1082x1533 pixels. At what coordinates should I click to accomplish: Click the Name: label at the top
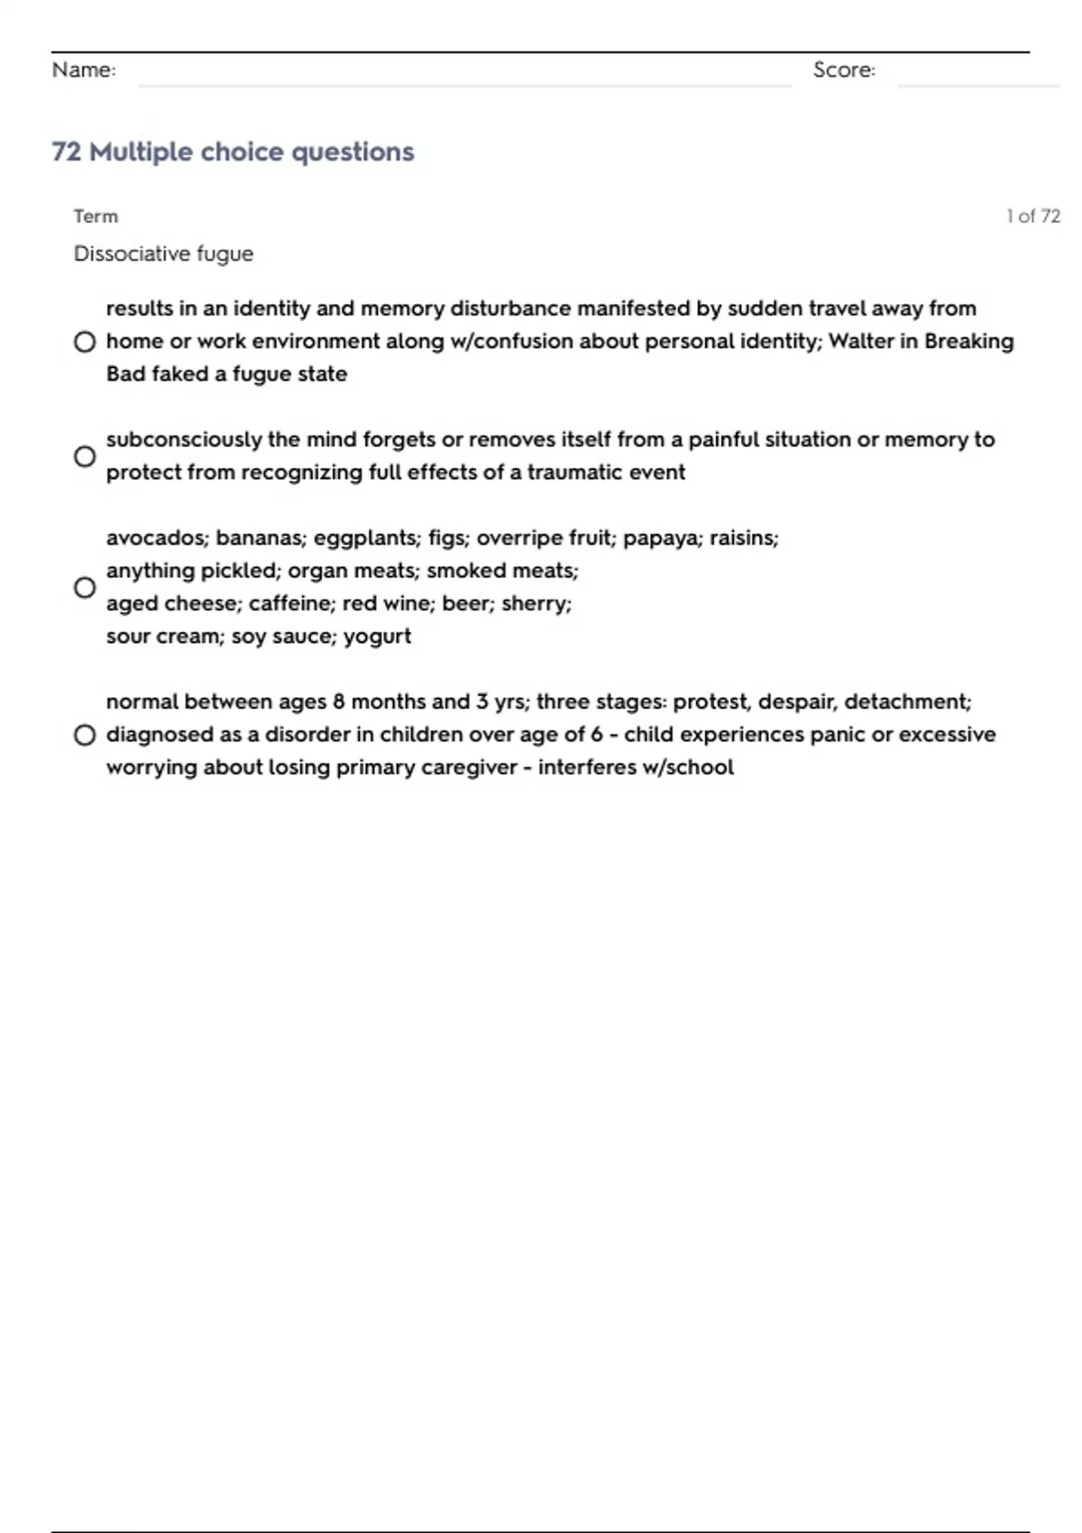coord(84,70)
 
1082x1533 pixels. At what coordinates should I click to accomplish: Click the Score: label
coord(844,70)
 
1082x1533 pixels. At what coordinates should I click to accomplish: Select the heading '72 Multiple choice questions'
coord(233,151)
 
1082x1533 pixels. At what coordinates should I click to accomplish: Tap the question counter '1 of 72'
coord(1032,216)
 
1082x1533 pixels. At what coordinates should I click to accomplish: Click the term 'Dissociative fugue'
coord(163,254)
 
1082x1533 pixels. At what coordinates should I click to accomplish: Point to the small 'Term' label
coord(96,216)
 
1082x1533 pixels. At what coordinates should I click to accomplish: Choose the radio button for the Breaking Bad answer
coord(85,342)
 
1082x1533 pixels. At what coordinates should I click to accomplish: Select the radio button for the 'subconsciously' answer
coord(85,456)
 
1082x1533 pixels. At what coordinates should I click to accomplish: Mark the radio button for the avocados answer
coord(85,588)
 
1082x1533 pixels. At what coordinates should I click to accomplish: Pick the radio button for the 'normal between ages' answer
coord(85,735)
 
